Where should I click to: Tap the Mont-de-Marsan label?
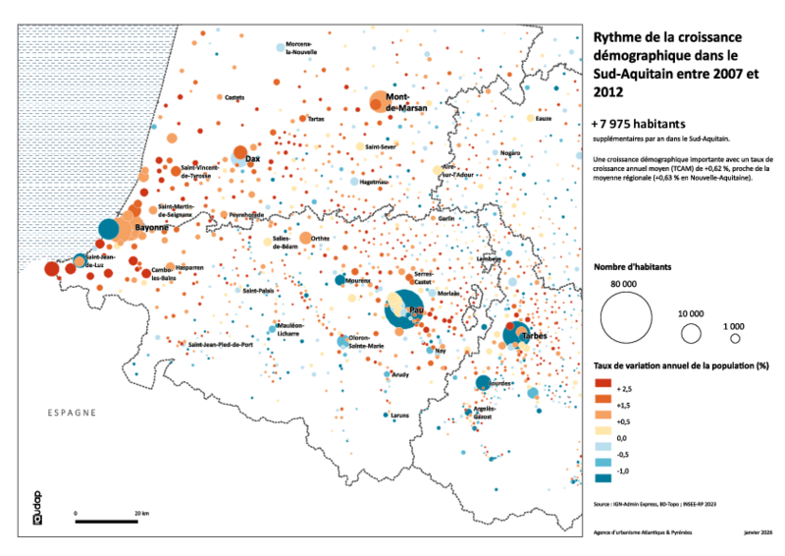(405, 103)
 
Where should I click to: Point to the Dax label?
(253, 158)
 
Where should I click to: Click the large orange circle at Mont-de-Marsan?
(379, 101)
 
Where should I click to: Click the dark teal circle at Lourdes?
(482, 383)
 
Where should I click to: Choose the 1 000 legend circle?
(734, 338)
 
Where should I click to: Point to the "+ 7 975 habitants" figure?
(640, 125)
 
